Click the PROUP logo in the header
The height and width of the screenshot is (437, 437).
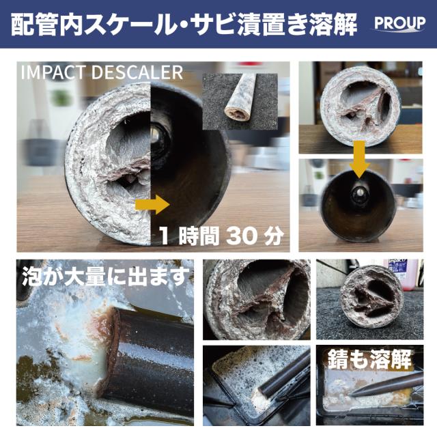(399, 23)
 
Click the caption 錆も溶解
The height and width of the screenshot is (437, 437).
(373, 358)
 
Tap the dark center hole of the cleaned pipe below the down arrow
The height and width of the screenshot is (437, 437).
(359, 195)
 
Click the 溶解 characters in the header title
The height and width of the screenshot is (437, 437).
(333, 23)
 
